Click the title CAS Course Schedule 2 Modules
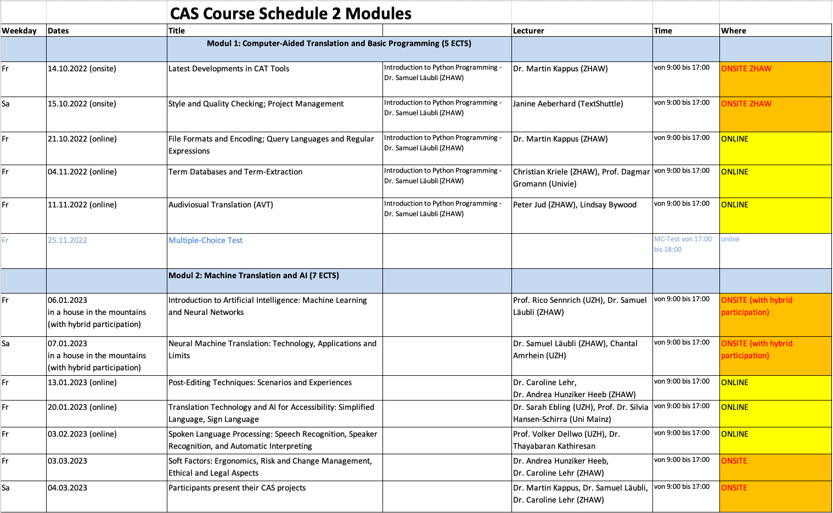click(290, 14)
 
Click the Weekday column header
click(19, 31)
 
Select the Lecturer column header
click(528, 31)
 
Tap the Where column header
click(733, 31)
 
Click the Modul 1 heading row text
click(339, 43)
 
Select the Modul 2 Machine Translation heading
click(254, 275)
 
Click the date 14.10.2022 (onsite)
click(82, 69)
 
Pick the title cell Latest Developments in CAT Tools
click(228, 69)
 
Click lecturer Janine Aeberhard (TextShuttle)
click(568, 104)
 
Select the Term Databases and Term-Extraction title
click(235, 172)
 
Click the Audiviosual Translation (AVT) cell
click(221, 205)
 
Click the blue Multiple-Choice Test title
click(205, 240)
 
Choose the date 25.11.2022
click(67, 240)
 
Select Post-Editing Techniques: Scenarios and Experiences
click(260, 382)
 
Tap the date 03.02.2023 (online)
click(82, 434)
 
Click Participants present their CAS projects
click(237, 488)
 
